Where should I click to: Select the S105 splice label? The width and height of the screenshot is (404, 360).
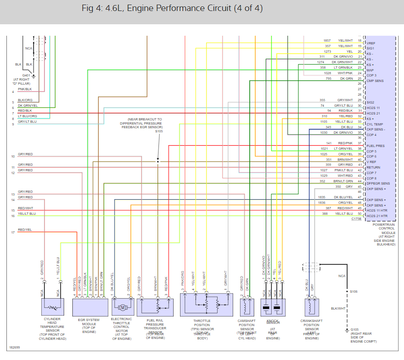point(159,131)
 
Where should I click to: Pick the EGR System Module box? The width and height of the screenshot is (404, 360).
point(90,307)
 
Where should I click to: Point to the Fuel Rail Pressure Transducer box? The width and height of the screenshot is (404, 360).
point(156,307)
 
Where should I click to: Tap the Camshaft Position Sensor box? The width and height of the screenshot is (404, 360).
point(247,307)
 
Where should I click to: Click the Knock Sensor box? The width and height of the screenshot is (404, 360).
point(273,307)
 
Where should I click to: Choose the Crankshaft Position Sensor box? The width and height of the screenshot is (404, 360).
point(311,307)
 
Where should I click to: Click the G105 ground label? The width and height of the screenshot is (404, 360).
point(355,330)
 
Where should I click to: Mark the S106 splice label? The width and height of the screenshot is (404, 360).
point(354,291)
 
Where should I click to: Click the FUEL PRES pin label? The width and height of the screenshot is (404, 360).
point(375,146)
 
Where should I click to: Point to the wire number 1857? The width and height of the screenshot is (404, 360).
point(327,41)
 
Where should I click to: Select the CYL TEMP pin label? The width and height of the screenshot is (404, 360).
point(374,124)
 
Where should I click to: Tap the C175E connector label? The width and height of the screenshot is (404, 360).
point(356,219)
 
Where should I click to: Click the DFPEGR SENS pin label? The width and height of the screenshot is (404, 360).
point(378,183)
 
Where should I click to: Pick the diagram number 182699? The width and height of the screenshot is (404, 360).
point(14,348)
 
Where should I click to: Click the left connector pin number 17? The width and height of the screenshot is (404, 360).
point(13,233)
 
